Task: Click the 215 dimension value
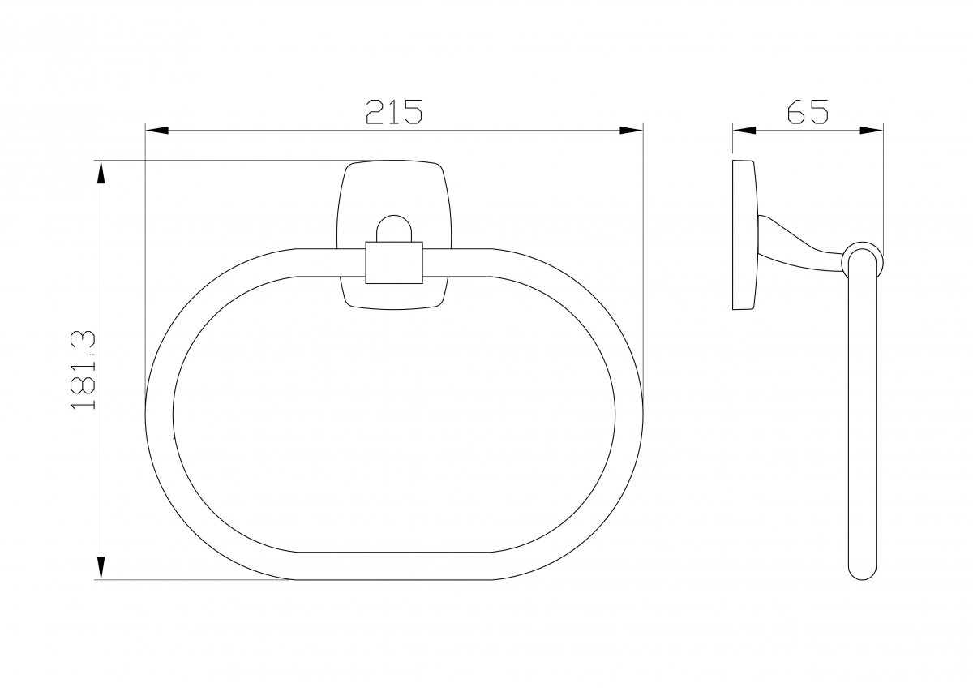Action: [393, 112]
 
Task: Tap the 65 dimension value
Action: [808, 112]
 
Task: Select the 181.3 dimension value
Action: [83, 370]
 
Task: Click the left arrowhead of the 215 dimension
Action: [156, 130]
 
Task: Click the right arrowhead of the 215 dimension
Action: [631, 130]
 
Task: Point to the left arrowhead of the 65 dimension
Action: [744, 130]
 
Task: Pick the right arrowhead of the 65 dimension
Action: [872, 130]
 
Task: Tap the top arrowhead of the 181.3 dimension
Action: [101, 172]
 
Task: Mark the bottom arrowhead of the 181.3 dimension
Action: [101, 568]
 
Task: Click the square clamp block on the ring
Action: [394, 263]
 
